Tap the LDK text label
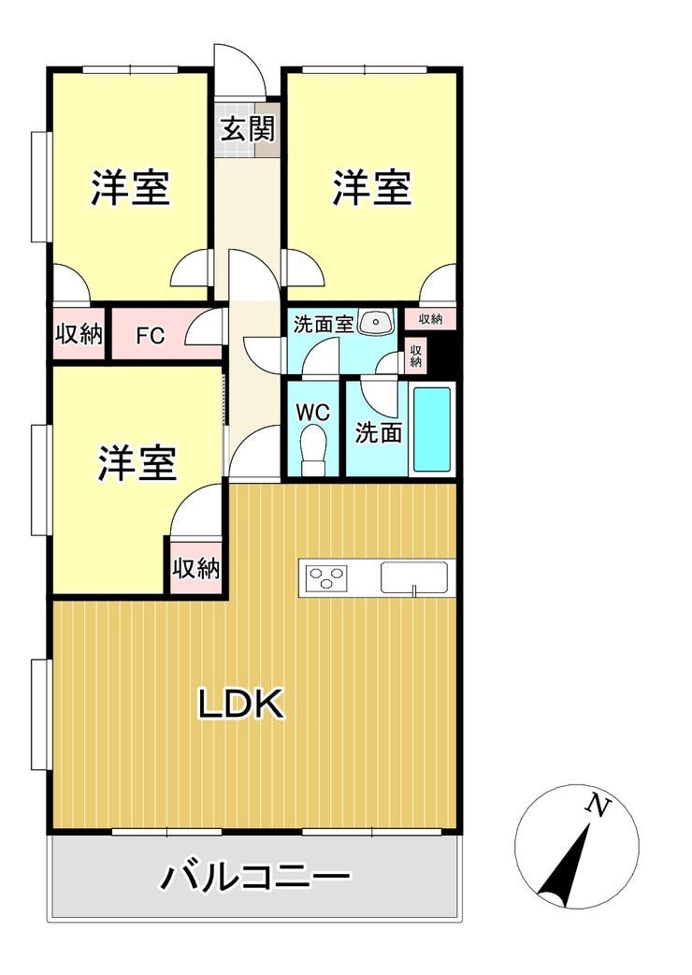(241, 704)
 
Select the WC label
(312, 413)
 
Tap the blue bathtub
(432, 429)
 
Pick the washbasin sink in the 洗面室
(376, 322)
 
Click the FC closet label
(151, 336)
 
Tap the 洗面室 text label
(324, 324)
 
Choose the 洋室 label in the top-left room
(130, 187)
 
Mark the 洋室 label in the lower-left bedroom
(137, 462)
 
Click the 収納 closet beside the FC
(79, 335)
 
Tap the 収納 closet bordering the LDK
(196, 567)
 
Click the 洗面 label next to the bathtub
(379, 432)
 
